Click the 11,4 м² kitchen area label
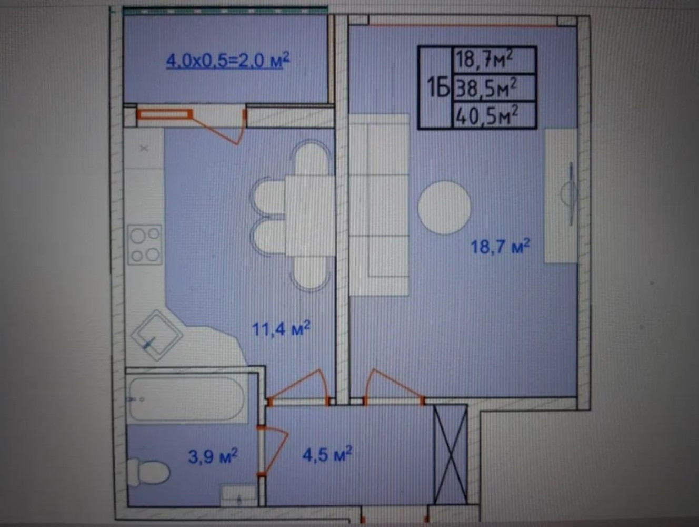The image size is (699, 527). coord(281,329)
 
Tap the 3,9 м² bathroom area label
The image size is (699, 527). coord(213,455)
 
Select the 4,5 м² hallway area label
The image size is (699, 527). coord(327,454)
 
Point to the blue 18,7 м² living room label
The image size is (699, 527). coord(500,247)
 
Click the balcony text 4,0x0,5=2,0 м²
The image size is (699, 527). coord(228,61)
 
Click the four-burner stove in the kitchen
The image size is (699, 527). coord(145,245)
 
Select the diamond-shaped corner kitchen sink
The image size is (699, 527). coord(157,335)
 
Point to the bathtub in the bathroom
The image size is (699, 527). coord(187,398)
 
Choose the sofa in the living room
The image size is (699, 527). coord(380,204)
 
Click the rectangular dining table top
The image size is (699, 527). coord(310,216)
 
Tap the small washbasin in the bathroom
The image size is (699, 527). coord(239,495)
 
